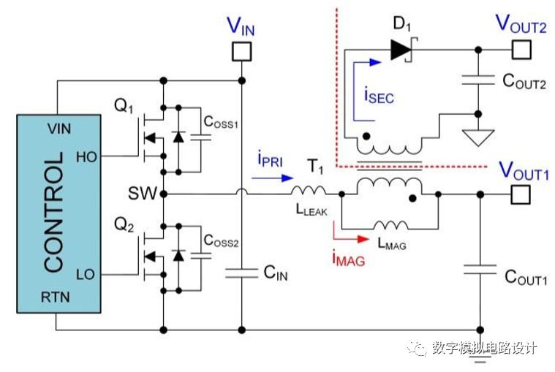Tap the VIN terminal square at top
click(241, 51)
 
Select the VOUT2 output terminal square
click(521, 50)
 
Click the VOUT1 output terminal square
click(521, 194)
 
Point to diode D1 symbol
click(401, 50)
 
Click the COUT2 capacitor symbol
click(478, 82)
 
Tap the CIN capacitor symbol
click(241, 273)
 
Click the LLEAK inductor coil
click(309, 193)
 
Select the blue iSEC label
click(379, 95)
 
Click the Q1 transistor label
click(124, 105)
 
